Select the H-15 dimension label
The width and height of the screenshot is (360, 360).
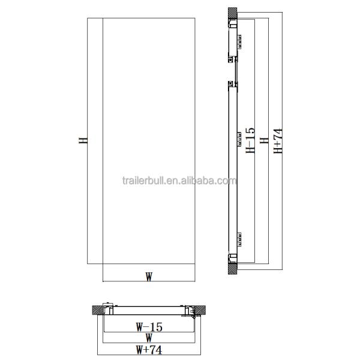(x=251, y=141)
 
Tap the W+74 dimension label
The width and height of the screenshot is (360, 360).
(x=148, y=348)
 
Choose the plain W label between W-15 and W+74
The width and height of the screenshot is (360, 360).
(x=148, y=338)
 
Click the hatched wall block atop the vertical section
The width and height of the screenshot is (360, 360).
(x=232, y=13)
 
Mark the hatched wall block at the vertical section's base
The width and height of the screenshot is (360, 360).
(x=232, y=268)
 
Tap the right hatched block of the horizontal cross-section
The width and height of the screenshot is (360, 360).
(x=202, y=310)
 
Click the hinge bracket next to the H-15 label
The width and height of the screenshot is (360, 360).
(x=239, y=140)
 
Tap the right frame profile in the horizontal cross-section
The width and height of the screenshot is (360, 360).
(x=188, y=310)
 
